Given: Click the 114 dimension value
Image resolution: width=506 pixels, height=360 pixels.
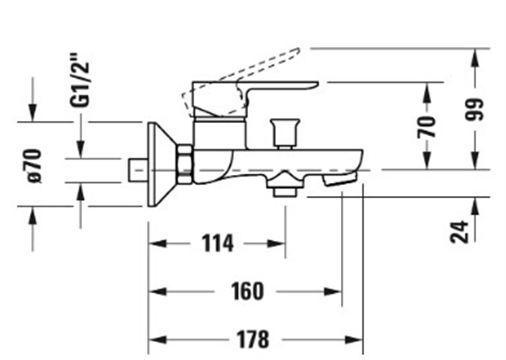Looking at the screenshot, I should (218, 244).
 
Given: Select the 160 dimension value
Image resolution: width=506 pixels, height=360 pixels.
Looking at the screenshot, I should (247, 291).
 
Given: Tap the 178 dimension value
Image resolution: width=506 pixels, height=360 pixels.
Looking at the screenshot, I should (253, 339).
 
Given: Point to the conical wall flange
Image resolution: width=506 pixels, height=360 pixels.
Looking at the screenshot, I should (158, 165).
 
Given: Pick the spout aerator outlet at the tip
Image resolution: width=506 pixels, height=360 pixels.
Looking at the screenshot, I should (339, 180).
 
